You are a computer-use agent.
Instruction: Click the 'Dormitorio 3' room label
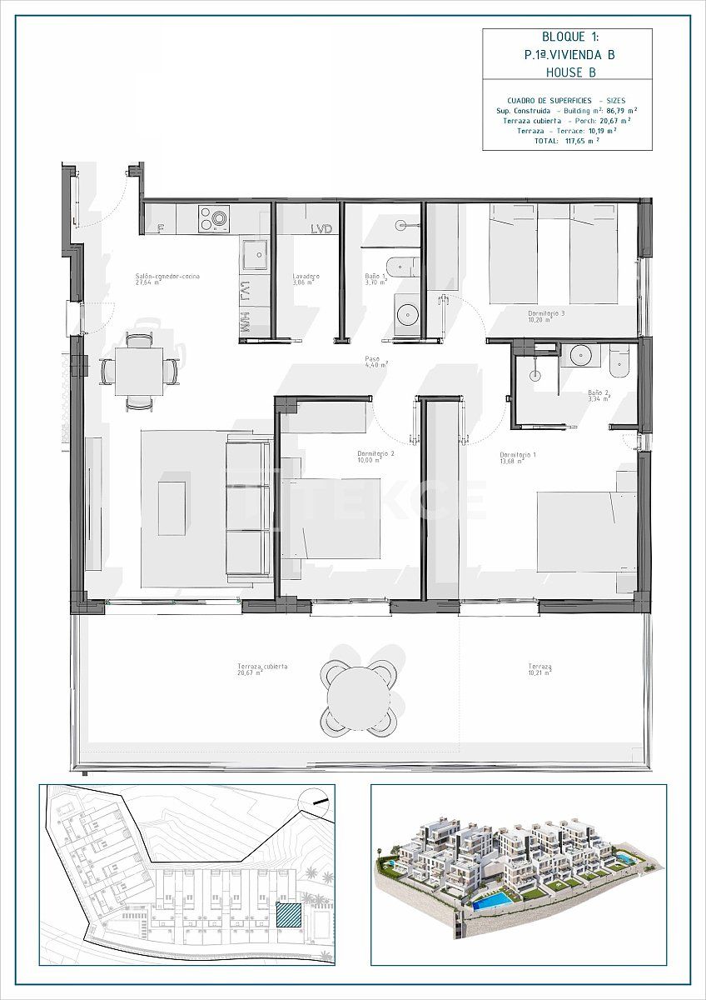546,314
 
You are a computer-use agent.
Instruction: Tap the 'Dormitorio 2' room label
375,453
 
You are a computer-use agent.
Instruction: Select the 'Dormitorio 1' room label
517,455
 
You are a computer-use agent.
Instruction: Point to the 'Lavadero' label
306,277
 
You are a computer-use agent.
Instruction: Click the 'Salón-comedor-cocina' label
167,277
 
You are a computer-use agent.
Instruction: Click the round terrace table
358,697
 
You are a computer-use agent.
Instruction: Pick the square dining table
139,371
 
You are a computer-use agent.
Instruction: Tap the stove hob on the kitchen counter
213,219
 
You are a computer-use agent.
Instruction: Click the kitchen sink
255,254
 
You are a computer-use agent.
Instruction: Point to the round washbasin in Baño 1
407,314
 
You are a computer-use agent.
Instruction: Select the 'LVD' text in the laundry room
321,229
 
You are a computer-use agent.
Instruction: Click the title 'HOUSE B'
570,72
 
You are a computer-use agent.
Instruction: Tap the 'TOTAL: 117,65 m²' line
566,142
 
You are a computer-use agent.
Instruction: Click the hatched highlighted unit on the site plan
288,915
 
